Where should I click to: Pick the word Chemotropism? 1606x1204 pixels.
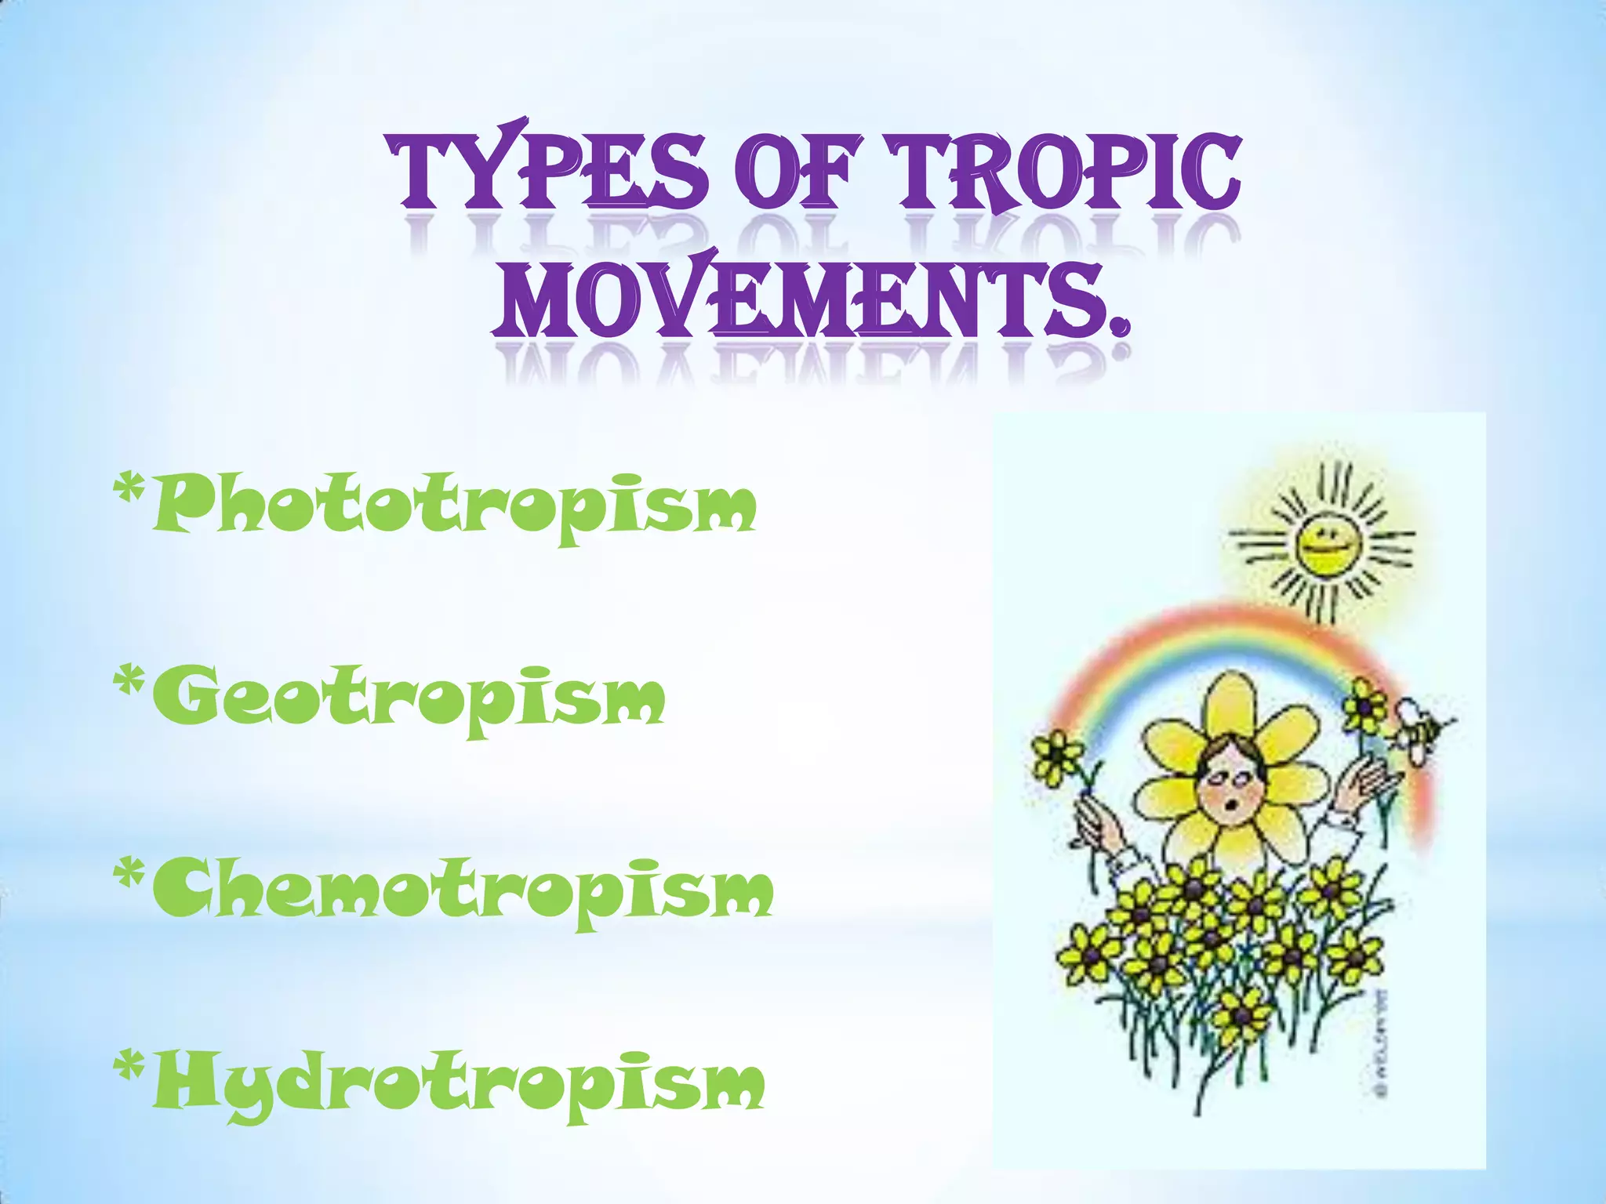point(463,891)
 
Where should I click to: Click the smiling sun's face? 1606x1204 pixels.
point(1324,542)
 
